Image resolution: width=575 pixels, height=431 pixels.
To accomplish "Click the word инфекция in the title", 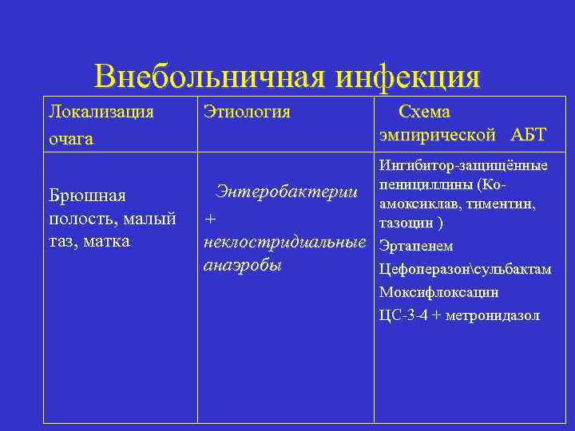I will (x=408, y=77).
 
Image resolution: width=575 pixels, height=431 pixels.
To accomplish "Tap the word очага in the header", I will (x=71, y=138).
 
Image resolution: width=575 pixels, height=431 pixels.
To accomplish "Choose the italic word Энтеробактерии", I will (x=285, y=192).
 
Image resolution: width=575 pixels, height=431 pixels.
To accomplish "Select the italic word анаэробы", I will (x=243, y=265).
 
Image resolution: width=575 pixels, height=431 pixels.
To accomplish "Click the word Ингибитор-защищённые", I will (x=463, y=166).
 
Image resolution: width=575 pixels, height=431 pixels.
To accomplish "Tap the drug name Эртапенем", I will (x=416, y=246).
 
